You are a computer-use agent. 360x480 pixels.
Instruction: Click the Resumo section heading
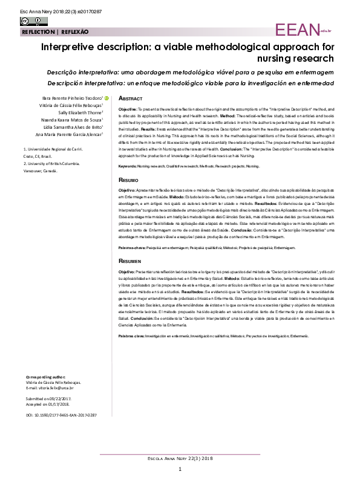pyautogui.click(x=129, y=181)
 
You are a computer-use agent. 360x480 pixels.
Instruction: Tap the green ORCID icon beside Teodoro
pyautogui.click(x=106, y=98)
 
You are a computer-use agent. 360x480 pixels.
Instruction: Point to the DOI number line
pyautogui.click(x=61, y=416)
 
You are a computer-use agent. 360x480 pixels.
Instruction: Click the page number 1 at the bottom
pyautogui.click(x=180, y=470)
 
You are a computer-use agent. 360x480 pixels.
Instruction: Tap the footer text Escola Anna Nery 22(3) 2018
pyautogui.click(x=180, y=459)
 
